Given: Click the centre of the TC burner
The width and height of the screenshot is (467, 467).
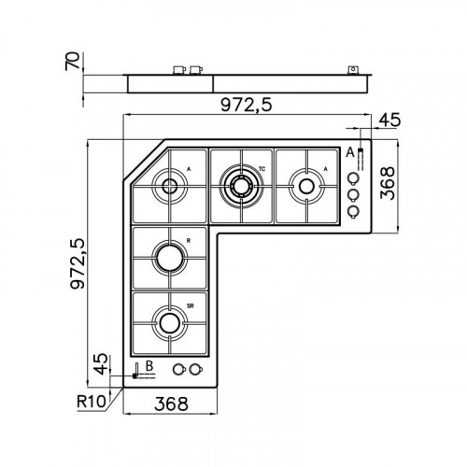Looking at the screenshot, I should (241, 185).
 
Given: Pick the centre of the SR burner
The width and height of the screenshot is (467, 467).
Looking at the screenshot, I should (169, 322).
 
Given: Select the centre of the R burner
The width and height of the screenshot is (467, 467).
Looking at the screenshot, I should (169, 254).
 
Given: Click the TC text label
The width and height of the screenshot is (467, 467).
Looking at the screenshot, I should (262, 168).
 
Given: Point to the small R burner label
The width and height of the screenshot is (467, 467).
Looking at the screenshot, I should (189, 240).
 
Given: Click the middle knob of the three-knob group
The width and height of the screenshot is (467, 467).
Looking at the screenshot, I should (353, 195).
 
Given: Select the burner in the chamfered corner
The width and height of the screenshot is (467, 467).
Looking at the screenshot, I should (170, 185).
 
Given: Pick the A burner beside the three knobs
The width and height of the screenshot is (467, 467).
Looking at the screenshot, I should (305, 185).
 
